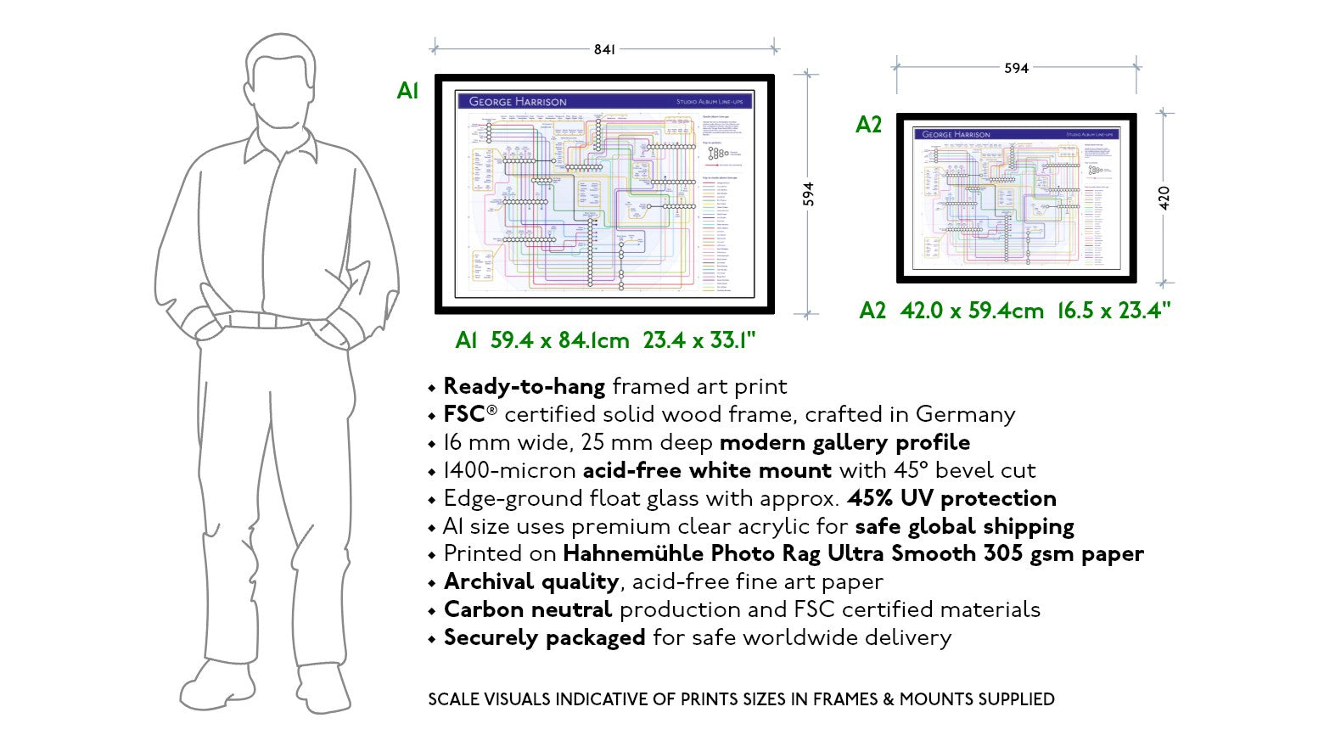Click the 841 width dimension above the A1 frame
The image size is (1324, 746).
click(604, 49)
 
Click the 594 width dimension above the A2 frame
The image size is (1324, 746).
click(1016, 68)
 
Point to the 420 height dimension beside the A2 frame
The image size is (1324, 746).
click(1164, 198)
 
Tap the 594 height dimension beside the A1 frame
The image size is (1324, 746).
click(808, 194)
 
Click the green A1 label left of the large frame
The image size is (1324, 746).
click(407, 91)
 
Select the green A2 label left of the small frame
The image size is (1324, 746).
click(868, 125)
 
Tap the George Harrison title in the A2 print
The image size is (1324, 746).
click(956, 134)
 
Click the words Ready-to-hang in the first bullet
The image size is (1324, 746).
click(524, 387)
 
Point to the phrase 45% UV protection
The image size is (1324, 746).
click(951, 498)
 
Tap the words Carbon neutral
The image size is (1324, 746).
click(527, 610)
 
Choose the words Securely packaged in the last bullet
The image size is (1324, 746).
click(544, 638)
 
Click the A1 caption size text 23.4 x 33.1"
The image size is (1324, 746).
click(698, 341)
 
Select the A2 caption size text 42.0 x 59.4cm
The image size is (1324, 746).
click(972, 311)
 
